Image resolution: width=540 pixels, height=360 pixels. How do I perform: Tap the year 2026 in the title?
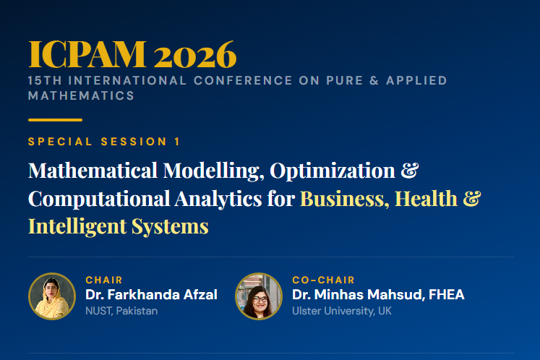[195, 54]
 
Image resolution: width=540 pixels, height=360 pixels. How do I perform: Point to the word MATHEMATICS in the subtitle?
[81, 95]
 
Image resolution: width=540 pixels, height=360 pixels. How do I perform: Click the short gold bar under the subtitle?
[55, 120]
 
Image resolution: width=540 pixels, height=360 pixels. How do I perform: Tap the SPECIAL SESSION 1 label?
[104, 142]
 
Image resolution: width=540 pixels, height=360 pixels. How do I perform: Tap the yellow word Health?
[427, 198]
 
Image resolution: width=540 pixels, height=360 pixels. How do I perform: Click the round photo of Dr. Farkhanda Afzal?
[52, 296]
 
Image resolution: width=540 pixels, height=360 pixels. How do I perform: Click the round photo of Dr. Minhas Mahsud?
[259, 296]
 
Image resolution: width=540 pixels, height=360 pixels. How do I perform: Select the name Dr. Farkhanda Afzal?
[151, 295]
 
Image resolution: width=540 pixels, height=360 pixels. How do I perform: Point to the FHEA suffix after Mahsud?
[446, 295]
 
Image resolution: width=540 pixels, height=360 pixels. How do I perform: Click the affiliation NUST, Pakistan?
[121, 311]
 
